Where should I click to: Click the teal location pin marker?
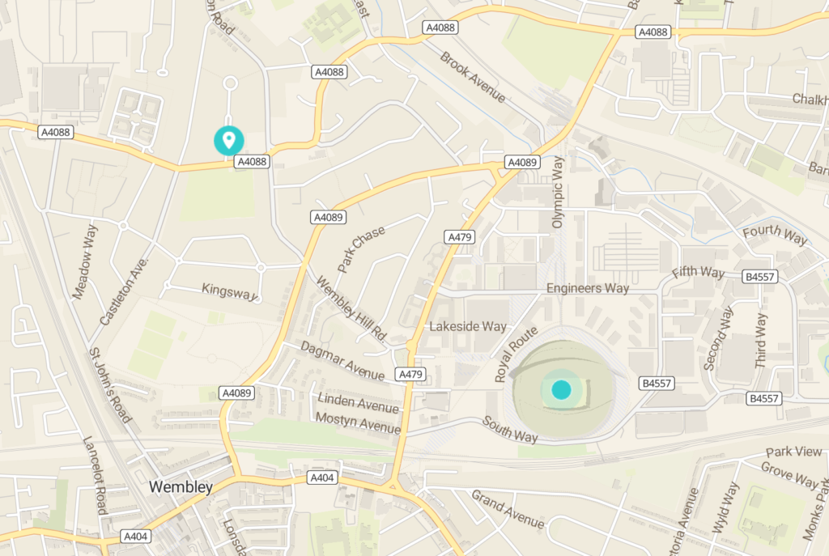coord(229,140)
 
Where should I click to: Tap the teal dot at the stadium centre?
coord(561,390)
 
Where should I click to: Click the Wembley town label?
coord(181,486)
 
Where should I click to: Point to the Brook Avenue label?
coord(474,78)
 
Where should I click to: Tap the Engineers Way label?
coord(587,288)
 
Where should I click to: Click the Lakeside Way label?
coord(467,326)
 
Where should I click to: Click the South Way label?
coord(510,429)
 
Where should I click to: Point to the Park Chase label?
coord(362,248)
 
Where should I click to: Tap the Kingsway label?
coord(228,291)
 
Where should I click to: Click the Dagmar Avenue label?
coord(342,360)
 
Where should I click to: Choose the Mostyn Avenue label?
coord(359,422)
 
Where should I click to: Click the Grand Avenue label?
coord(508,509)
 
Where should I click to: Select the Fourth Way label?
coord(775,235)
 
